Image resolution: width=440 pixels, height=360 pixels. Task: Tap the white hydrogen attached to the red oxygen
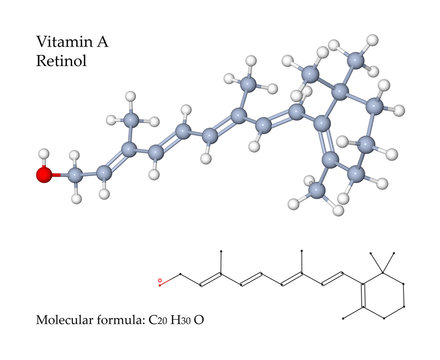42,155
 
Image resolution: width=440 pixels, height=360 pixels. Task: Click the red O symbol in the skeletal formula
159,283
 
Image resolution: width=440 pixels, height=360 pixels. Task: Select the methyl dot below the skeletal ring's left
345,317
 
